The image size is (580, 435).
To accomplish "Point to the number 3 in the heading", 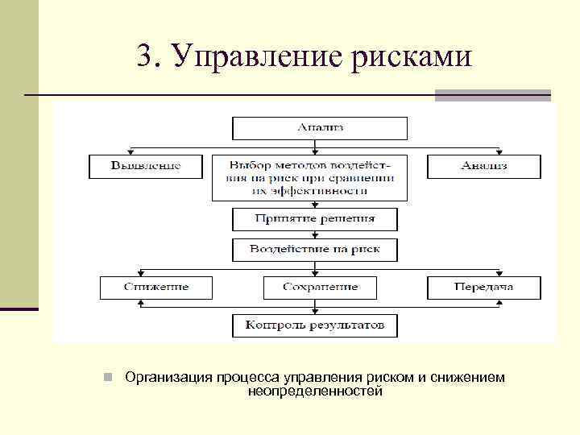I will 143,56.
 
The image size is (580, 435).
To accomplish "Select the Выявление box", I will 146,166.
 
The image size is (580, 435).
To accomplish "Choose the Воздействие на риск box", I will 315,250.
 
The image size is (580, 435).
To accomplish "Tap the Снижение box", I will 156,287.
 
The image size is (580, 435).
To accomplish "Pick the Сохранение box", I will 320,287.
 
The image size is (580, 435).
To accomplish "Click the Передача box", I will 483,287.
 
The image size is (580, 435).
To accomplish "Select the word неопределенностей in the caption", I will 316,391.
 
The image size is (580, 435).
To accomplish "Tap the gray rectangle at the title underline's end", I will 493,95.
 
